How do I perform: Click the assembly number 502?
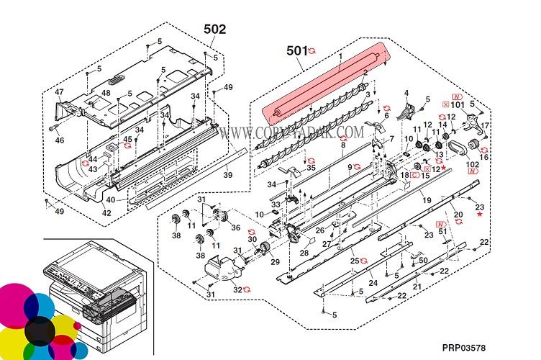coord(214,29)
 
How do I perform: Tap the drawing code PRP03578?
coord(463,348)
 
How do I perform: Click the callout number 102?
coord(472,164)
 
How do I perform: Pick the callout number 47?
coord(59,92)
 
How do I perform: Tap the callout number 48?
coord(106,93)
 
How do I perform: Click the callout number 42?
coord(106,213)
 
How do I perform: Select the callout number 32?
coord(237,289)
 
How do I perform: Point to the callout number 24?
coord(373,283)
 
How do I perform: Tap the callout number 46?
coord(60,140)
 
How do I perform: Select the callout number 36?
coord(235,228)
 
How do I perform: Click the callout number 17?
coord(485,125)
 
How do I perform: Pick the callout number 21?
coord(417,287)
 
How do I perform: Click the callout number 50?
coord(424,261)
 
